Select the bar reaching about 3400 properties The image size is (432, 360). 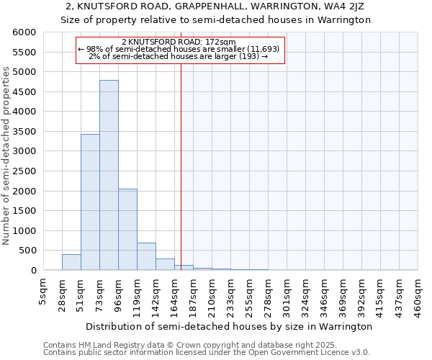click(90, 202)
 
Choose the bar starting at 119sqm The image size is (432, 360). click(146, 256)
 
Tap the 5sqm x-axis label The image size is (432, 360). click(43, 292)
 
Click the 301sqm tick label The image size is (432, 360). click(287, 294)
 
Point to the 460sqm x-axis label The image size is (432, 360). click(418, 294)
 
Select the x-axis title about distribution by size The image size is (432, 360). click(228, 326)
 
